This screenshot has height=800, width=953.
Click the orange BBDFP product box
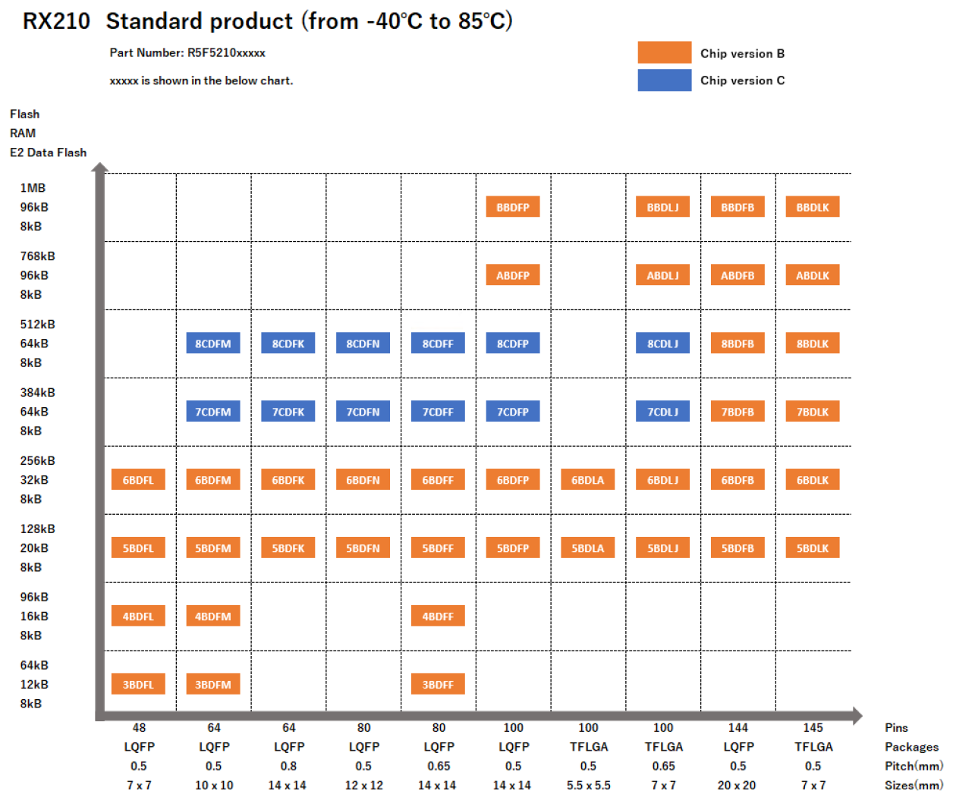tap(513, 207)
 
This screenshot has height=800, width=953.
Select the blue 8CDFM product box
tap(213, 344)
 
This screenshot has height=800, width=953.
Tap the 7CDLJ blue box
tap(663, 412)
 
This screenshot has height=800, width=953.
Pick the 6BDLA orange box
tap(588, 480)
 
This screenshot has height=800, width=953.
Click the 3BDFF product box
tap(438, 685)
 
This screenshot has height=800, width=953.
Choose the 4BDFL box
tap(138, 616)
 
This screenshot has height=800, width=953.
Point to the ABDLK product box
tap(813, 275)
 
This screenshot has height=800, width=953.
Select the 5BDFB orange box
tap(738, 548)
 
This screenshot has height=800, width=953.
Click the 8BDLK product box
tap(813, 344)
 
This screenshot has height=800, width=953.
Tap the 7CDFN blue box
tap(363, 412)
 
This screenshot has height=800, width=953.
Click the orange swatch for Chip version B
tap(664, 52)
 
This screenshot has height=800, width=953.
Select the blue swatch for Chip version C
tap(664, 80)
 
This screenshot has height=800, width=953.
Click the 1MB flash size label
tap(33, 188)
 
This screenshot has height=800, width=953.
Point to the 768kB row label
tap(38, 256)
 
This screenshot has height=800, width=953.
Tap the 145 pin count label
tap(813, 728)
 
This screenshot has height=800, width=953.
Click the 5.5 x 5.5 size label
tap(588, 786)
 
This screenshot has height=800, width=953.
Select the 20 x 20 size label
tap(738, 786)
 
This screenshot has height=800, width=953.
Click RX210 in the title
tap(56, 21)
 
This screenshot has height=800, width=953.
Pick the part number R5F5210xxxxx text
tap(226, 53)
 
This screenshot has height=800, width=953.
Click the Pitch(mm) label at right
tap(914, 766)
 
